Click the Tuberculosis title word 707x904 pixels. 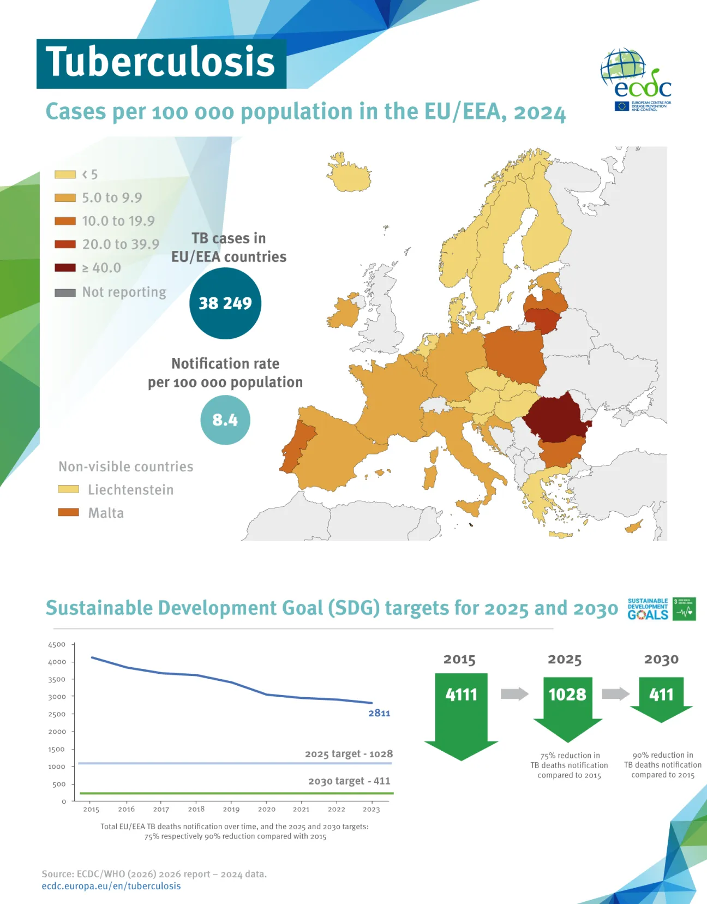160,62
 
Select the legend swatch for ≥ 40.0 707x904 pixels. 65,268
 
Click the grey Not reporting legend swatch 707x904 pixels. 65,293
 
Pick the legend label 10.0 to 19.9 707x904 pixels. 118,221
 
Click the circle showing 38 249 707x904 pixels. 225,303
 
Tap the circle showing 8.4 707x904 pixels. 225,420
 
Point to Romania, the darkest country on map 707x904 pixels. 555,418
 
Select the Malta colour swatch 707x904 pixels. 68,513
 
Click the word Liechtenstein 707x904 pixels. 131,490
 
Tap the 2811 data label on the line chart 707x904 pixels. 379,713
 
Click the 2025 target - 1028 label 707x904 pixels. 349,754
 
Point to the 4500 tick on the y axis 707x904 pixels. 57,644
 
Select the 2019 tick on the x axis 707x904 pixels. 231,809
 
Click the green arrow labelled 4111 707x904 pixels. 461,715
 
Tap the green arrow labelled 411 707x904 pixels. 661,698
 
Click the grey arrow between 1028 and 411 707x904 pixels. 615,694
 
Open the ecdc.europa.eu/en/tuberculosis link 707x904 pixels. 111,886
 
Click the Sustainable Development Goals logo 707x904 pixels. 661,609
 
